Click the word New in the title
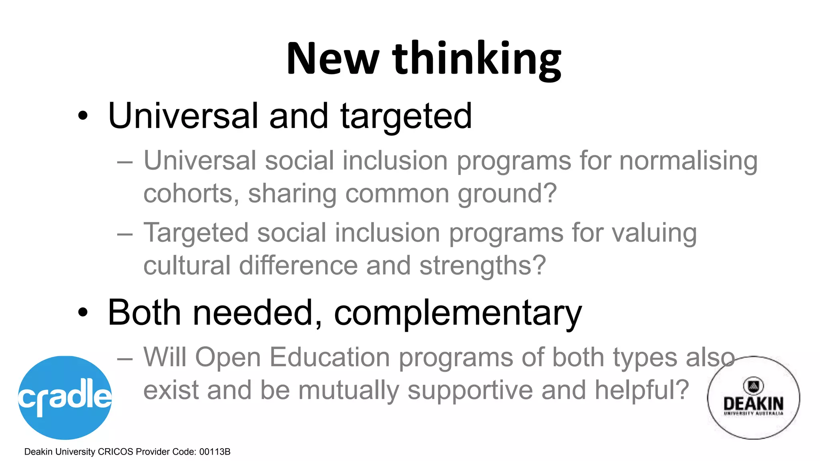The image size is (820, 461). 332,59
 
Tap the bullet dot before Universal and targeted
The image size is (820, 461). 82,116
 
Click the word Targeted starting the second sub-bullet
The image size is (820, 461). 196,233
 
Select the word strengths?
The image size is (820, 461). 482,266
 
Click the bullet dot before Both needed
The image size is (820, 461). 82,313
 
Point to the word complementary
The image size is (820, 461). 458,313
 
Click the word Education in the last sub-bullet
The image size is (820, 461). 330,357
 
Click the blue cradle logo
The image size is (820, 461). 65,397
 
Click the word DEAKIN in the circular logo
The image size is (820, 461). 753,403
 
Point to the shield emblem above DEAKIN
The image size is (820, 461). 753,386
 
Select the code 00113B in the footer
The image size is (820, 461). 215,452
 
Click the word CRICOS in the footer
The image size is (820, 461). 115,452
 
